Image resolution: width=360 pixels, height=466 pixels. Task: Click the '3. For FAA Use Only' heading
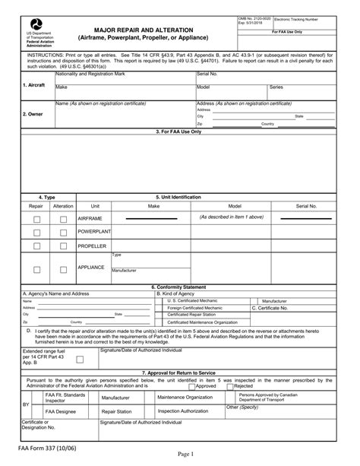(179, 132)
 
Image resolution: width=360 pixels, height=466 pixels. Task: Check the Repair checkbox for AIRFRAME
(36, 220)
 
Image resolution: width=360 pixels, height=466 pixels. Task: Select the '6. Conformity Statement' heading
(179, 287)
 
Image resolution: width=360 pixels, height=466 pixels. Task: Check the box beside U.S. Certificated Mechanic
(160, 300)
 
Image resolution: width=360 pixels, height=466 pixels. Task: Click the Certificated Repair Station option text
(194, 313)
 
